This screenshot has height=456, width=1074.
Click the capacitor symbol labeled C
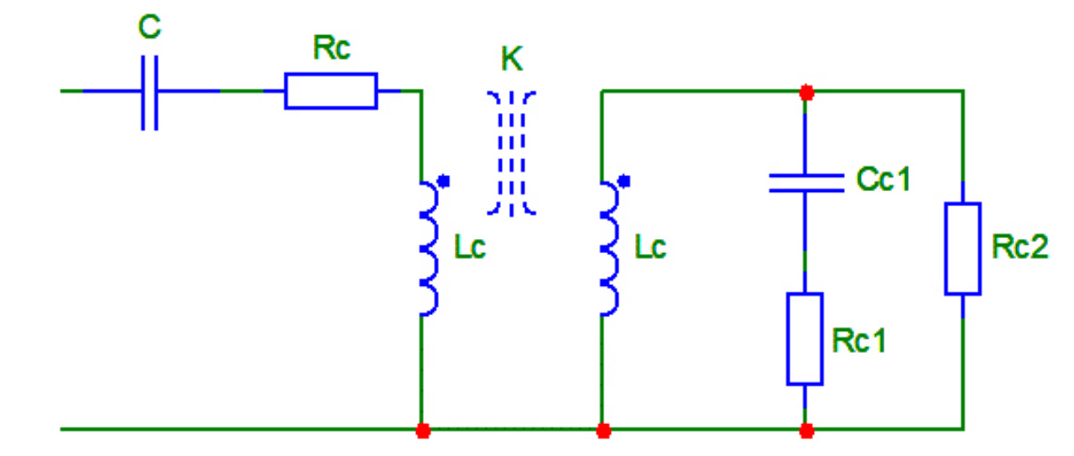tap(149, 91)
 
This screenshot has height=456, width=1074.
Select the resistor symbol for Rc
tap(331, 91)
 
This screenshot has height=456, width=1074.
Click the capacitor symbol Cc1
tap(805, 184)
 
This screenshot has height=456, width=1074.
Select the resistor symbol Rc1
tap(805, 339)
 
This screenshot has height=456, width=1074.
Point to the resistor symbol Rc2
tap(962, 248)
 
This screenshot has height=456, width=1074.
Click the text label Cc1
tap(883, 179)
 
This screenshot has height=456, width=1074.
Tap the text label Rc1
tap(859, 340)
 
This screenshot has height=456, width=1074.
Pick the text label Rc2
tap(1019, 247)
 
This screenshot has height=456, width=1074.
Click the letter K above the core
tap(511, 60)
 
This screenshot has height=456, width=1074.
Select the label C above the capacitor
tap(149, 28)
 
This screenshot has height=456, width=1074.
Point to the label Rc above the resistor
tap(332, 49)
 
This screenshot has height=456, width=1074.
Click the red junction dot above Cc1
tap(806, 92)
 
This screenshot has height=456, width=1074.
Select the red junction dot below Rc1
tap(806, 431)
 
